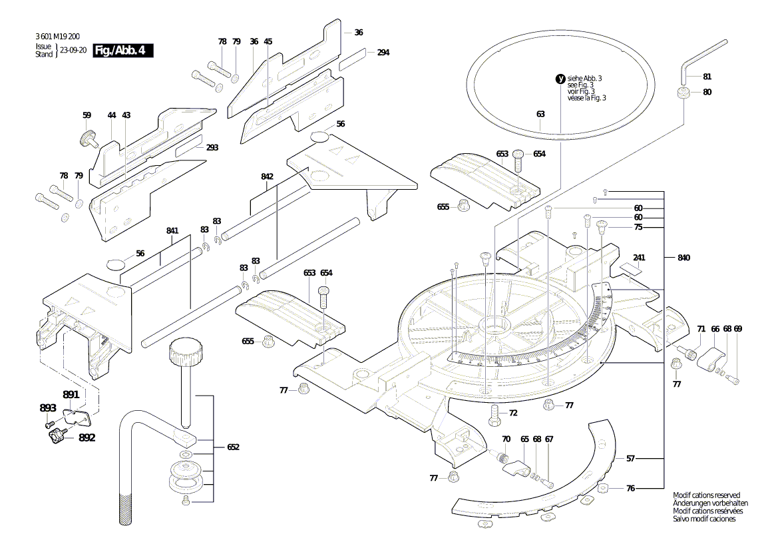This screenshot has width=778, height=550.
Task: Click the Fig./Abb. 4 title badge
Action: click(123, 51)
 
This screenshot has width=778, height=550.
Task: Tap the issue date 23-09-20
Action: click(73, 51)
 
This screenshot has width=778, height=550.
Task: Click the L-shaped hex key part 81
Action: click(699, 57)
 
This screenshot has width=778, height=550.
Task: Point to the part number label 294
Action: click(383, 53)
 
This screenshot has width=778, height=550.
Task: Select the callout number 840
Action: click(684, 257)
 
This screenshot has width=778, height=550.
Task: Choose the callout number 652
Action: click(233, 447)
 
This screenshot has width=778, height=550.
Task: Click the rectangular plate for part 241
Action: click(630, 268)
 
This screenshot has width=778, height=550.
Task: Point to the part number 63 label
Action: click(540, 114)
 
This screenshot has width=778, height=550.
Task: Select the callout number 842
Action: click(267, 176)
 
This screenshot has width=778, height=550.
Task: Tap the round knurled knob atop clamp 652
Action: click(184, 350)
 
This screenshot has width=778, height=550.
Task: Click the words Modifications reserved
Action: click(706, 495)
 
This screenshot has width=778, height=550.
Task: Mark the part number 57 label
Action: click(630, 459)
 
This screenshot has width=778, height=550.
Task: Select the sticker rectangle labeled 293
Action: click(190, 148)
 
